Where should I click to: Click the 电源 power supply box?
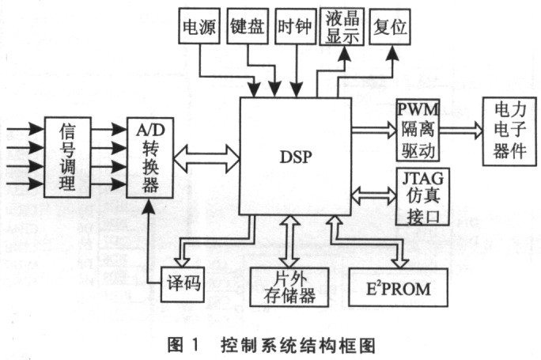pyautogui.click(x=199, y=26)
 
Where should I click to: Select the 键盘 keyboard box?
pyautogui.click(x=248, y=26)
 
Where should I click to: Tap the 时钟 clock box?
pyautogui.click(x=295, y=26)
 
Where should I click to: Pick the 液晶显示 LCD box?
pyautogui.click(x=342, y=27)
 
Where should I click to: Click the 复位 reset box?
pyautogui.click(x=390, y=27)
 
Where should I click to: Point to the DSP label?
pyautogui.click(x=296, y=157)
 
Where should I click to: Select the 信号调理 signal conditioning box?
pyautogui.click(x=68, y=157)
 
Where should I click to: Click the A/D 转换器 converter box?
pyautogui.click(x=150, y=157)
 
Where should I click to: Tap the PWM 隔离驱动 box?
pyautogui.click(x=418, y=130)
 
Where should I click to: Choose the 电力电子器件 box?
pyautogui.click(x=509, y=131)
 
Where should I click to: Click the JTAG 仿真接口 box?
pyautogui.click(x=422, y=197)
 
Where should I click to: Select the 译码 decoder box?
pyautogui.click(x=183, y=284)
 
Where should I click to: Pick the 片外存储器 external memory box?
pyautogui.click(x=289, y=287)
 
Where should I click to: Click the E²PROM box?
pyautogui.click(x=399, y=287)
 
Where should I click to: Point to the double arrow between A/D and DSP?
pyautogui.click(x=206, y=159)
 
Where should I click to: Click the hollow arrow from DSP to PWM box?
pyautogui.click(x=374, y=130)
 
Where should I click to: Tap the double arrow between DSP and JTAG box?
pyautogui.click(x=373, y=195)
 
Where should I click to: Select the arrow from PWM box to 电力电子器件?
pyautogui.click(x=461, y=130)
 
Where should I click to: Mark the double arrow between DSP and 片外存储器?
pyautogui.click(x=289, y=241)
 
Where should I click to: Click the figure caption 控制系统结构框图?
pyautogui.click(x=298, y=346)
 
